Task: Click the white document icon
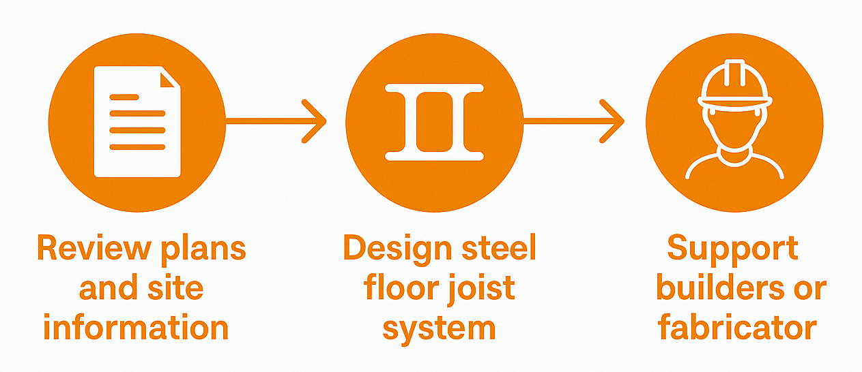click(137, 121)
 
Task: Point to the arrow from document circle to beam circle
click(276, 121)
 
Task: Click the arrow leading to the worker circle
click(573, 121)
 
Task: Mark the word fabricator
click(737, 328)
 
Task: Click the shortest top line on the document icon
click(124, 97)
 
